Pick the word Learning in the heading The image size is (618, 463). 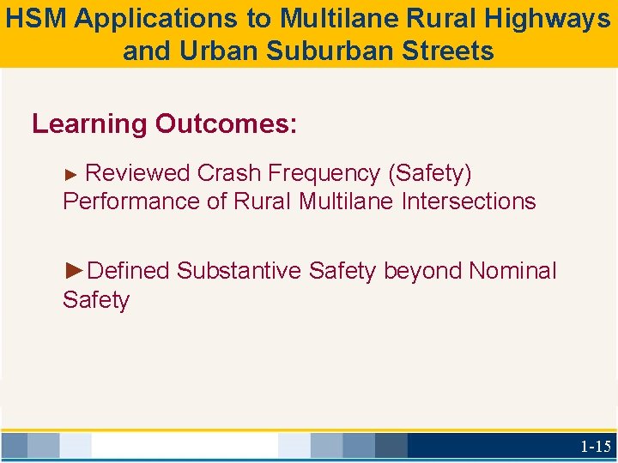point(89,124)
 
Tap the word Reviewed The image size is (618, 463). point(137,173)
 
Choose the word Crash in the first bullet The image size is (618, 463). point(229,173)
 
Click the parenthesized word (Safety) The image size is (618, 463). point(429,173)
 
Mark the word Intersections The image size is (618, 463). point(467,202)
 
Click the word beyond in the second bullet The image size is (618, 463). point(422,271)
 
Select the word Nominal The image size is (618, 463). point(512,271)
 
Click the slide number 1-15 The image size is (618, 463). point(595,446)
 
